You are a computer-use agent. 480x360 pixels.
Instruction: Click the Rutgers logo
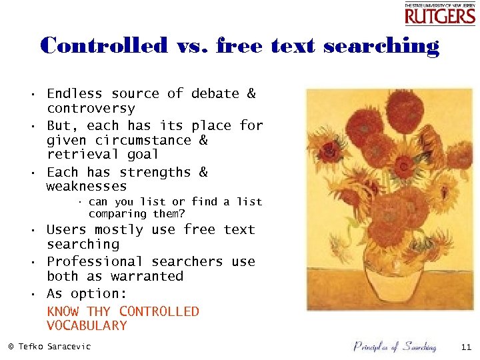pyautogui.click(x=439, y=13)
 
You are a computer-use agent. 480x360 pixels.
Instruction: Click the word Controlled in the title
pyautogui.click(x=104, y=46)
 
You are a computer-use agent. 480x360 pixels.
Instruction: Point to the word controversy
pyautogui.click(x=91, y=109)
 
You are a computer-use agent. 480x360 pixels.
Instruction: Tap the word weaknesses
pyautogui.click(x=87, y=187)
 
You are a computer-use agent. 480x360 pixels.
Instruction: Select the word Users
pyautogui.click(x=67, y=230)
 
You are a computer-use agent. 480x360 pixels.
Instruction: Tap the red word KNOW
pyautogui.click(x=63, y=311)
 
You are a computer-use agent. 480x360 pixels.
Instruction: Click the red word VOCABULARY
pyautogui.click(x=87, y=326)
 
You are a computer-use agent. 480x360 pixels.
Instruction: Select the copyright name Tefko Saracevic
pyautogui.click(x=54, y=347)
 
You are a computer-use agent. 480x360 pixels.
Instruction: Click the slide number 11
pyautogui.click(x=465, y=347)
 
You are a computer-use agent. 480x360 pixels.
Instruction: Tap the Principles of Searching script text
pyautogui.click(x=395, y=346)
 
